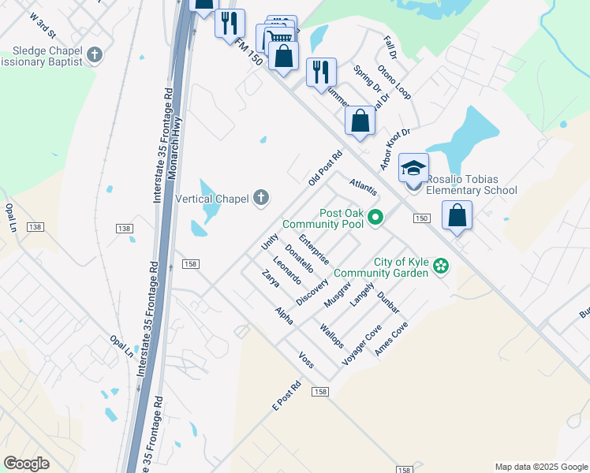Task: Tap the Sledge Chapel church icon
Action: click(95, 55)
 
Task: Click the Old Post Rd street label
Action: click(324, 168)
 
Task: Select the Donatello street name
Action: click(300, 259)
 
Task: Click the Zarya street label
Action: click(271, 278)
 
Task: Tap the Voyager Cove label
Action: click(362, 344)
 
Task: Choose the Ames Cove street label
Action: click(391, 338)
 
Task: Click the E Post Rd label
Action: click(287, 397)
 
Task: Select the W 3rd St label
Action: click(42, 25)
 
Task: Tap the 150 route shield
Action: click(422, 218)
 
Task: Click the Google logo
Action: click(26, 464)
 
